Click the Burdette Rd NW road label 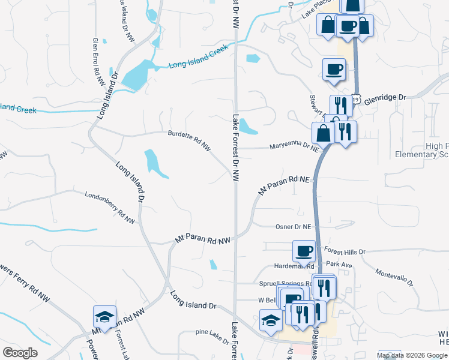point(190,140)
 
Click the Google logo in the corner point(20,353)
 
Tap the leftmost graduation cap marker point(104,317)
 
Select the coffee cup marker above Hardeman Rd point(304,250)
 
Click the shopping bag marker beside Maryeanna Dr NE point(323,133)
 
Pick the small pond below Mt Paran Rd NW point(213,265)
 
